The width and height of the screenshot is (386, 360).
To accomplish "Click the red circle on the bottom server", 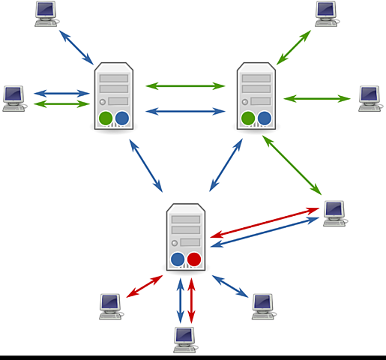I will [194, 259].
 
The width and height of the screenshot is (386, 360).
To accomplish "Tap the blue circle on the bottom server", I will [178, 259].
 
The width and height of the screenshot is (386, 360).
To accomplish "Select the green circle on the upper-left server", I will [106, 118].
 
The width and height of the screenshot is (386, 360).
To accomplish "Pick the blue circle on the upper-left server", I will [122, 118].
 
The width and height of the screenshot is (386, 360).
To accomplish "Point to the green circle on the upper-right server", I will [248, 118].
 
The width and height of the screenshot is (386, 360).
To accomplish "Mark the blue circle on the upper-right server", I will [265, 118].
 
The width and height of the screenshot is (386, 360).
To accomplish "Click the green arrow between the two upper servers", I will [185, 85].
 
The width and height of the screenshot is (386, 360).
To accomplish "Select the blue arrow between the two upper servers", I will [185, 111].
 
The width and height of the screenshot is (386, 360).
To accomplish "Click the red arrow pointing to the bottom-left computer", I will [145, 286].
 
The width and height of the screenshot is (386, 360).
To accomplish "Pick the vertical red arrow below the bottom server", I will [192, 301].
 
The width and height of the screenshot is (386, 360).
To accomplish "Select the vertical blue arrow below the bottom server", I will [180, 301].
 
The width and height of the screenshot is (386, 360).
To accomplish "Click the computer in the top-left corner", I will [46, 13].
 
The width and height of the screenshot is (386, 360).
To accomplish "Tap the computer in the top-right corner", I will [326, 13].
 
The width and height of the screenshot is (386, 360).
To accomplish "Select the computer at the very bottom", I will [184, 339].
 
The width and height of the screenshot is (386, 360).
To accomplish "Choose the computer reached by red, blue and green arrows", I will [334, 212].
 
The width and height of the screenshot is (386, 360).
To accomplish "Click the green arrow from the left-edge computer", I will [61, 103].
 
